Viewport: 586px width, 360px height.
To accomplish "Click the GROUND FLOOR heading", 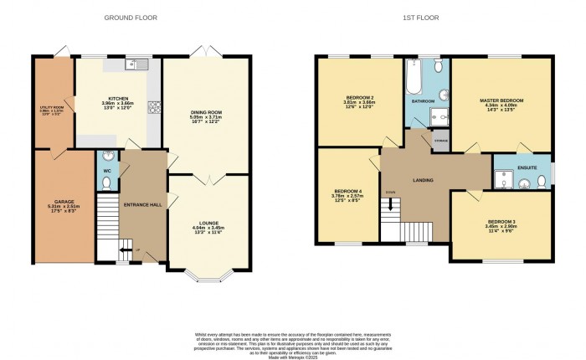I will (x=130, y=18).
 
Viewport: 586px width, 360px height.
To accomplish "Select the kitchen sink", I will (x=134, y=64).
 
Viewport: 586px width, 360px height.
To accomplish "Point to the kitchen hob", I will (x=154, y=106).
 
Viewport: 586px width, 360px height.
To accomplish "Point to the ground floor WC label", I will (x=106, y=172).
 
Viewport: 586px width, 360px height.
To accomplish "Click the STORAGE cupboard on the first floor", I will (x=440, y=141).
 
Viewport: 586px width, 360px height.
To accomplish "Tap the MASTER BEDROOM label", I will (x=501, y=100).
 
